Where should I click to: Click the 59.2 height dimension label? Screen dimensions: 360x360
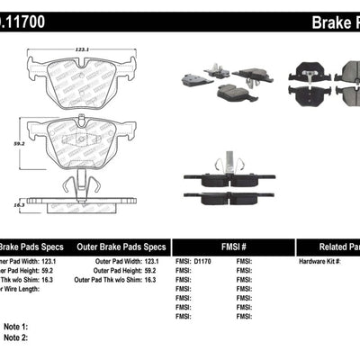click(12, 141)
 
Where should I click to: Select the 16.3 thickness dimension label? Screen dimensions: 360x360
click(12, 206)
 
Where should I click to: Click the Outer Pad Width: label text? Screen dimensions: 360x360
click(113, 261)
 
